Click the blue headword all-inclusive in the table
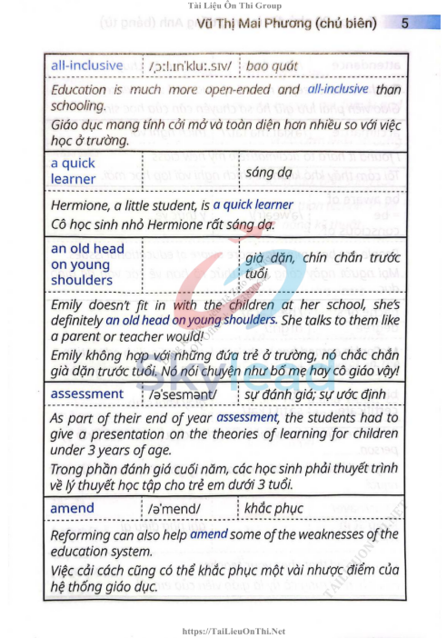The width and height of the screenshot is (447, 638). point(87,66)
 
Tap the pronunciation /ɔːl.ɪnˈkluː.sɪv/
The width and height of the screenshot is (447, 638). point(192,67)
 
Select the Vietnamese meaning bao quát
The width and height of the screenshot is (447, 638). point(272,67)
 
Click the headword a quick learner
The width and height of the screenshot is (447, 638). point(74,172)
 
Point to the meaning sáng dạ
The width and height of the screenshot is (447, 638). point(269,172)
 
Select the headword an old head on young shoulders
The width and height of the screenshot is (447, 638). point(88,264)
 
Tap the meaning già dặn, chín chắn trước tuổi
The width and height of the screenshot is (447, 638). point(318,264)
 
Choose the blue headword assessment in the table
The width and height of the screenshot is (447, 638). point(87,394)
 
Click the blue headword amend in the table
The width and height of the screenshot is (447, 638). point(72,508)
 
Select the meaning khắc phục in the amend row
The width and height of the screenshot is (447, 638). point(276,509)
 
